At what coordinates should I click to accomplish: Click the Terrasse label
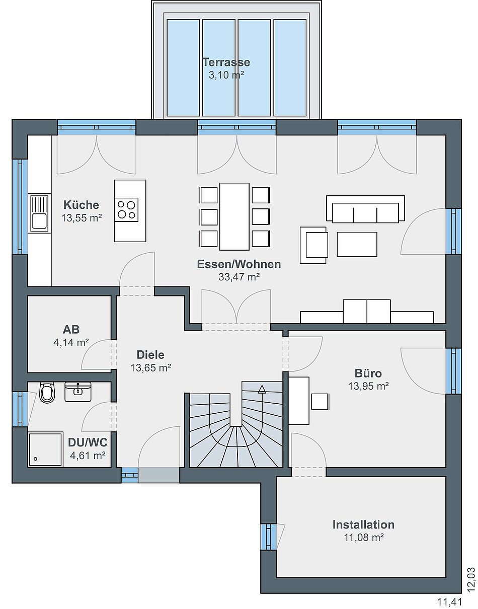[226, 62]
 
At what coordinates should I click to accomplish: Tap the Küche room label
[81, 205]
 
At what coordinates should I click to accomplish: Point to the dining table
[234, 216]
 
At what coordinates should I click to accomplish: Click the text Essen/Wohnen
[239, 264]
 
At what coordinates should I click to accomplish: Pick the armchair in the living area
[314, 245]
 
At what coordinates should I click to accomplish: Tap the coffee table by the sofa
[357, 244]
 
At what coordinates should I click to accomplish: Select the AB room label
[71, 330]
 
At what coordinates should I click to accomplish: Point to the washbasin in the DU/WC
[78, 392]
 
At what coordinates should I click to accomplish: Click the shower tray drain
[35, 459]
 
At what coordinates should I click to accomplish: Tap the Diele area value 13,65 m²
[151, 368]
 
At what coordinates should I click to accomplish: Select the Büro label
[368, 373]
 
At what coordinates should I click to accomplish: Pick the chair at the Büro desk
[320, 401]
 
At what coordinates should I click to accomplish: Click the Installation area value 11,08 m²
[364, 538]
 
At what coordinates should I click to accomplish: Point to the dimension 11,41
[450, 602]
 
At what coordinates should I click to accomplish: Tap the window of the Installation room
[270, 537]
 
